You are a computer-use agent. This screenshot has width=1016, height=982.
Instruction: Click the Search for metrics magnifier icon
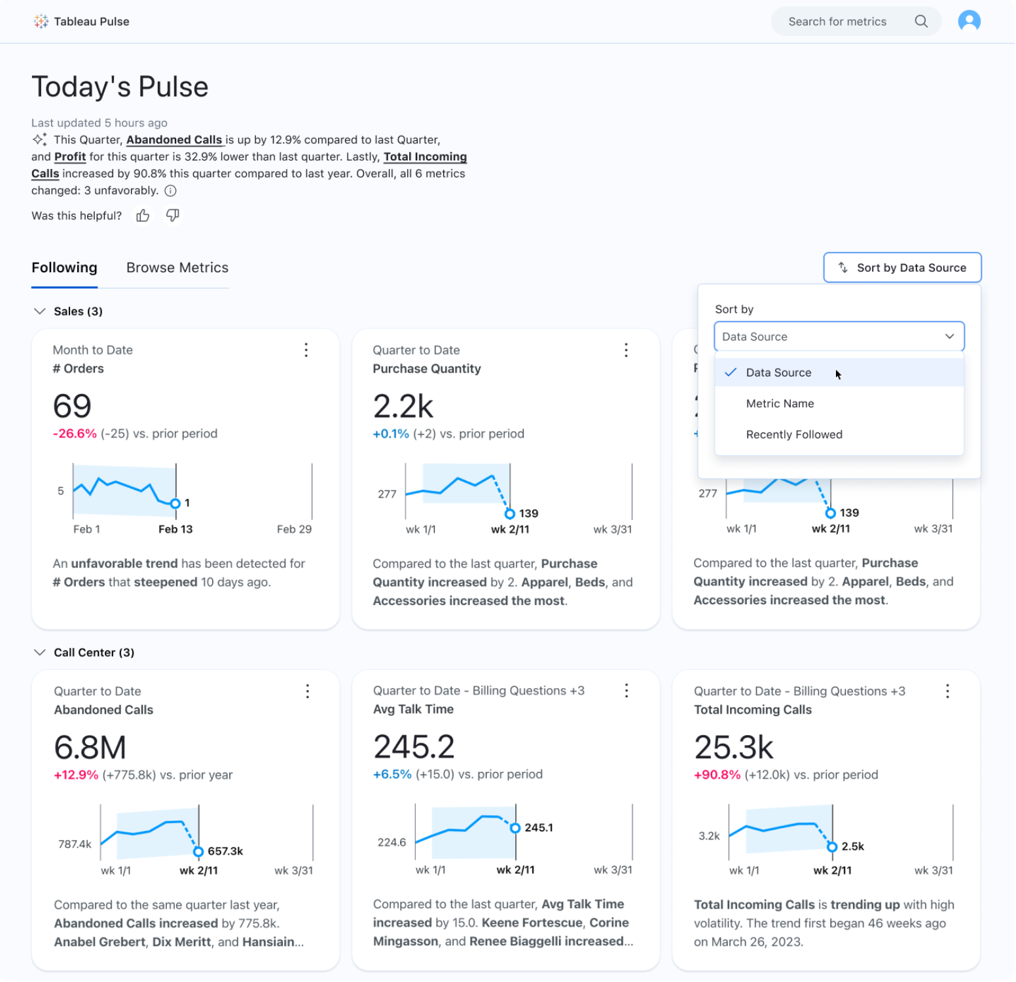point(920,22)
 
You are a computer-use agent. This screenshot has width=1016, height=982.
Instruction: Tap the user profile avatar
point(969,22)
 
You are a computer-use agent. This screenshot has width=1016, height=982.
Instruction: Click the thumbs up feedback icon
point(143,215)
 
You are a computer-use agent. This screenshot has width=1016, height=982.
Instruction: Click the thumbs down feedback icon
point(173,215)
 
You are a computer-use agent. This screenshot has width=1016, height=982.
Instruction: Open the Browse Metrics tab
point(177,268)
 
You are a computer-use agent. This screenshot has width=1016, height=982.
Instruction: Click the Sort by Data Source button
point(902,268)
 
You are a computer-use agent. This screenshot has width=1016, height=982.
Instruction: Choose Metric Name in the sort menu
point(780,404)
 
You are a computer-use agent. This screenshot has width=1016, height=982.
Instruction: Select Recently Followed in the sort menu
point(794,435)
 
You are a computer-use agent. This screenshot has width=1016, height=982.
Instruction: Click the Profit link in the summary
point(70,157)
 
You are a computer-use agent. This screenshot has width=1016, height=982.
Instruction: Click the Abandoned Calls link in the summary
point(174,140)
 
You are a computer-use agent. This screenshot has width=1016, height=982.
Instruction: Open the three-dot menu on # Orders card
point(306,350)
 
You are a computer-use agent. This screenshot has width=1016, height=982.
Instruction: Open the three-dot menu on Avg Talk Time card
point(626,691)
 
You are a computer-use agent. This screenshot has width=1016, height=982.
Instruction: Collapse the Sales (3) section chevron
point(40,312)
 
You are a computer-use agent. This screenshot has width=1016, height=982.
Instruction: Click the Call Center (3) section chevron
point(40,653)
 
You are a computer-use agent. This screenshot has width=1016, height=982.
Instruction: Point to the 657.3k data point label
point(225,851)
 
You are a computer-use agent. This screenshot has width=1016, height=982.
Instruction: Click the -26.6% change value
point(75,434)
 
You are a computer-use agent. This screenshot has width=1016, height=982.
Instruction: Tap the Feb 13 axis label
point(175,530)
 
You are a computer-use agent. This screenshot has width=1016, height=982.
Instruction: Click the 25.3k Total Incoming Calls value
point(733,748)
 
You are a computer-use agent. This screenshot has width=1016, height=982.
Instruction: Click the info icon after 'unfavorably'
point(170,191)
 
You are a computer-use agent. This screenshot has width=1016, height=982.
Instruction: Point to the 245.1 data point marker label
point(539,828)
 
